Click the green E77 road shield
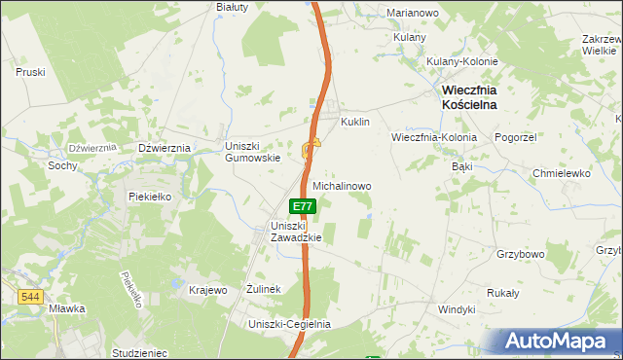pyautogui.click(x=303, y=206)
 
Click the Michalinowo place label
pyautogui.click(x=341, y=185)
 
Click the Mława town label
pyautogui.click(x=66, y=308)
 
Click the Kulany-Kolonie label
pyautogui.click(x=462, y=61)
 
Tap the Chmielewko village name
pyautogui.click(x=562, y=173)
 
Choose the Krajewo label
pyautogui.click(x=207, y=290)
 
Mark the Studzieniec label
pyautogui.click(x=140, y=352)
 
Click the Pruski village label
pyautogui.click(x=31, y=71)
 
